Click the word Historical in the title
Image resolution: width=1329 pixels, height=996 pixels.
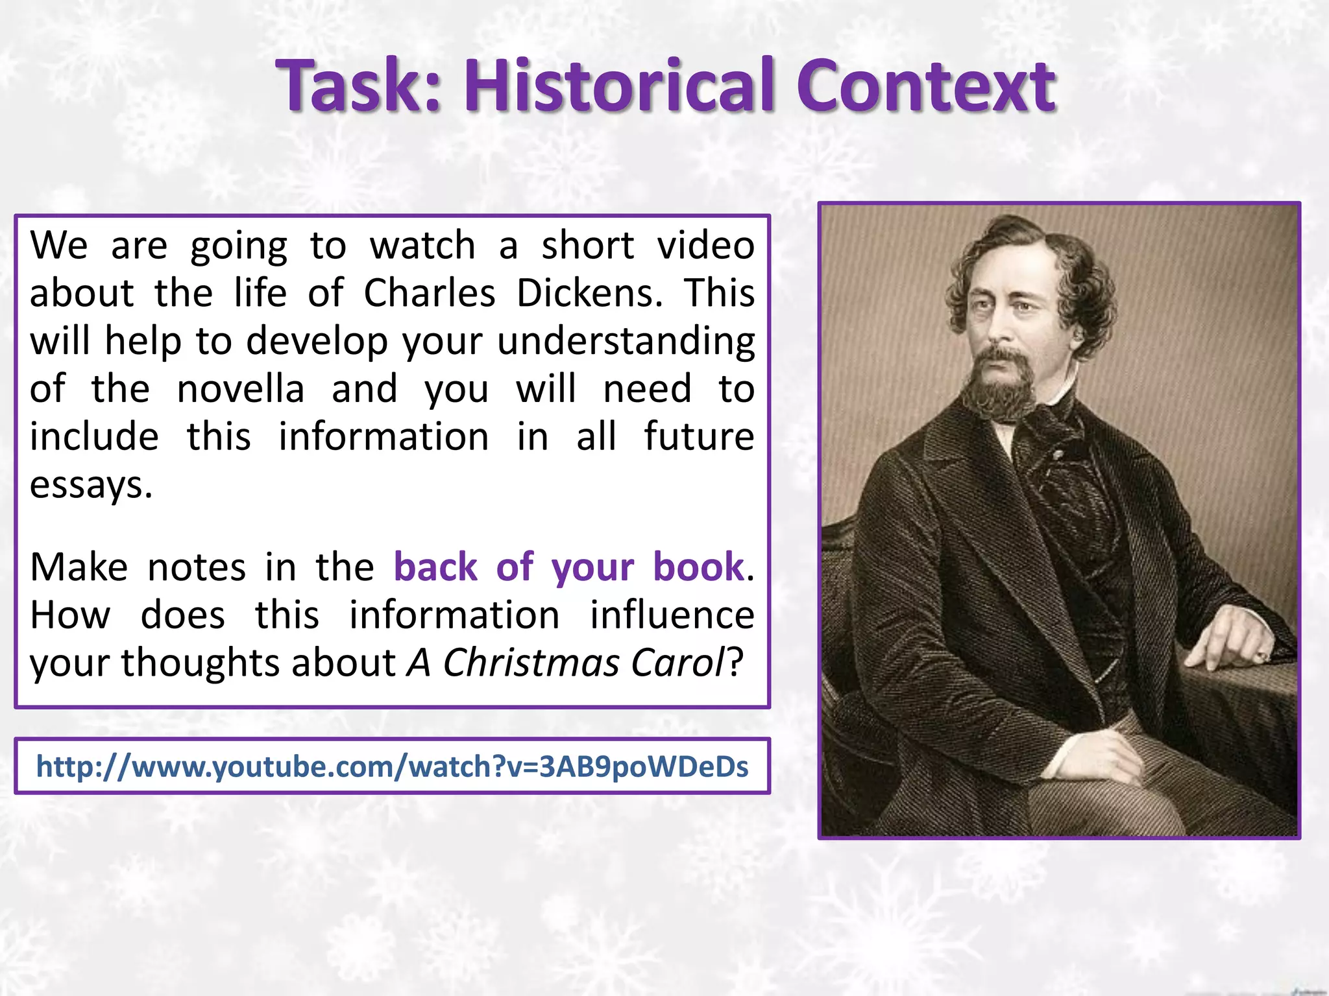[x=619, y=86]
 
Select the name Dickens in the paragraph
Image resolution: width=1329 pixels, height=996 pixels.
[x=590, y=293]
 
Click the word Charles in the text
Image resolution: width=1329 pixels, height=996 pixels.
[x=429, y=293]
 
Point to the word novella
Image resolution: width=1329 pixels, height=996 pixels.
[x=240, y=389]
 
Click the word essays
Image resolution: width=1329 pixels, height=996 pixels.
[x=91, y=485]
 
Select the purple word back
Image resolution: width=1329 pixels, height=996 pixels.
[x=435, y=567]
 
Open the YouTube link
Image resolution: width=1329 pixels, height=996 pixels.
[x=392, y=766]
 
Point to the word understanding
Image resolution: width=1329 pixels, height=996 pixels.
[x=626, y=341]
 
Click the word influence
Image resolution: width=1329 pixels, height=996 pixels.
[x=672, y=615]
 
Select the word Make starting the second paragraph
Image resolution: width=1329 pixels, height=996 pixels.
[x=79, y=567]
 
